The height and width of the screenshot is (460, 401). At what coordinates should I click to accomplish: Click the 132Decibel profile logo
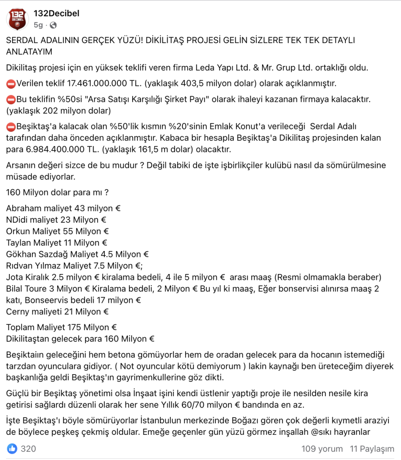pos(18,19)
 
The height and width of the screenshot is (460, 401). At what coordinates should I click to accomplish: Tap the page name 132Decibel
pos(57,13)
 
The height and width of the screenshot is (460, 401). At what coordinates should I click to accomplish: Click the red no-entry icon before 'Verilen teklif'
pos(11,84)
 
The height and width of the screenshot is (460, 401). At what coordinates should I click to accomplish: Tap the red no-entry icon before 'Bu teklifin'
pos(11,99)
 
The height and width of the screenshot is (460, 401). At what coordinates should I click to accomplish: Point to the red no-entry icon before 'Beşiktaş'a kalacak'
pos(11,126)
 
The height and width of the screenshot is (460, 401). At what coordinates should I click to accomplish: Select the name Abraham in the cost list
pos(24,208)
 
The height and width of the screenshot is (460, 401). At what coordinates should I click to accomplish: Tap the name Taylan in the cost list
pos(18,243)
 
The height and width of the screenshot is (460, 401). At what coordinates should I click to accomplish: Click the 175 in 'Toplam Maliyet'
pos(74,327)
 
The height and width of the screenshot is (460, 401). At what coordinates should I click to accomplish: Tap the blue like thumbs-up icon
pos(12,448)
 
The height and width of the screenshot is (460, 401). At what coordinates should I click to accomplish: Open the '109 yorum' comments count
pos(322,449)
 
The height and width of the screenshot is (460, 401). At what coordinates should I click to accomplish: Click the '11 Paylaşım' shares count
pos(372,449)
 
